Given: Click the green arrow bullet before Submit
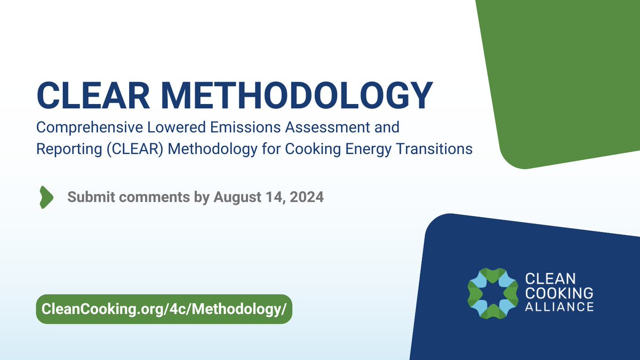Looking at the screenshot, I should click(46, 197).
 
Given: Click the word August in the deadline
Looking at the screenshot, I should click(237, 197).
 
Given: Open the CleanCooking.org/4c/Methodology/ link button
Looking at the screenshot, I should click(164, 309).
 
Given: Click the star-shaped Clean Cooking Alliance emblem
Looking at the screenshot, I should click(492, 292).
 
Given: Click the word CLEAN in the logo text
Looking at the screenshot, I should click(542, 279).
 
